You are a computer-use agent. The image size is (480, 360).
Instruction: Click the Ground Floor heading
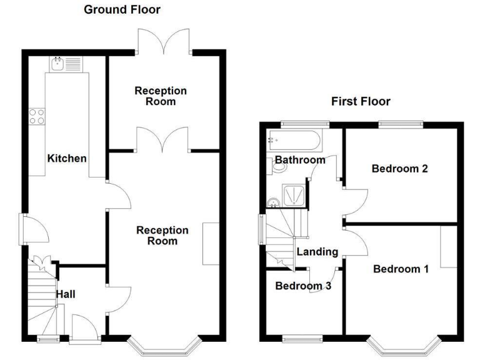(122, 9)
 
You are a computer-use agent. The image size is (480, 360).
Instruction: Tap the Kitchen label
(67, 158)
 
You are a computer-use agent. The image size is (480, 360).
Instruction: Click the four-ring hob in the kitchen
(36, 116)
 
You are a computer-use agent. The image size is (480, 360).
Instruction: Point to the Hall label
(66, 293)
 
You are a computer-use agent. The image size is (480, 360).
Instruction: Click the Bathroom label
(300, 160)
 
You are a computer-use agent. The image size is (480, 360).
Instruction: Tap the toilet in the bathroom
(279, 166)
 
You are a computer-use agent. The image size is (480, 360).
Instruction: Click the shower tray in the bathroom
(293, 196)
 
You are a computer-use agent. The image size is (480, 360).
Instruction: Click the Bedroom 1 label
(401, 269)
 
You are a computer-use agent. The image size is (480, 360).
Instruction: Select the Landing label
(317, 252)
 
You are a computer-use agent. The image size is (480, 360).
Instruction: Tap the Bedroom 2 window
(401, 124)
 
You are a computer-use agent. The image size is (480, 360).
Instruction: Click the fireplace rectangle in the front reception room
(211, 244)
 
